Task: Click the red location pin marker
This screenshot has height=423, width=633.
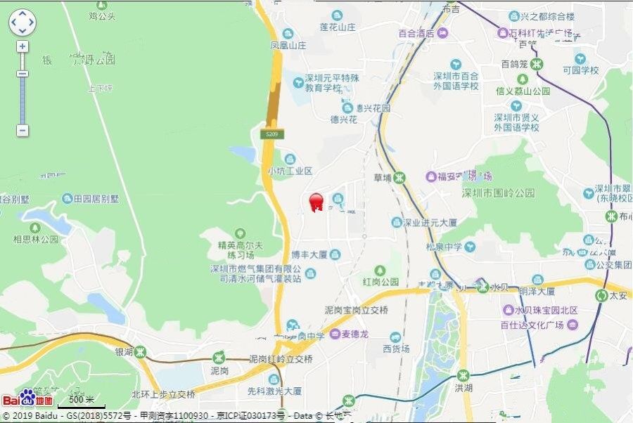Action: [316, 202]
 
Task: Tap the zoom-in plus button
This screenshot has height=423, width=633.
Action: [23, 46]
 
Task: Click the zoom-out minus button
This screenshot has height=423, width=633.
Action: [23, 131]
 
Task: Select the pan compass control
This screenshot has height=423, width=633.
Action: [22, 22]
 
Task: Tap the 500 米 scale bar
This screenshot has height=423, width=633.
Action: [82, 403]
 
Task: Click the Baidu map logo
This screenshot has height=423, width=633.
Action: [27, 399]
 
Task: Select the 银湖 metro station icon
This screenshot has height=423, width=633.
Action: [141, 351]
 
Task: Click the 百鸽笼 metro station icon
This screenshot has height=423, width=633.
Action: [537, 64]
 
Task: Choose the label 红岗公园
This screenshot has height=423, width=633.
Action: [381, 282]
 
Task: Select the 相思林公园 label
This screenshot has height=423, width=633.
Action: [36, 239]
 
